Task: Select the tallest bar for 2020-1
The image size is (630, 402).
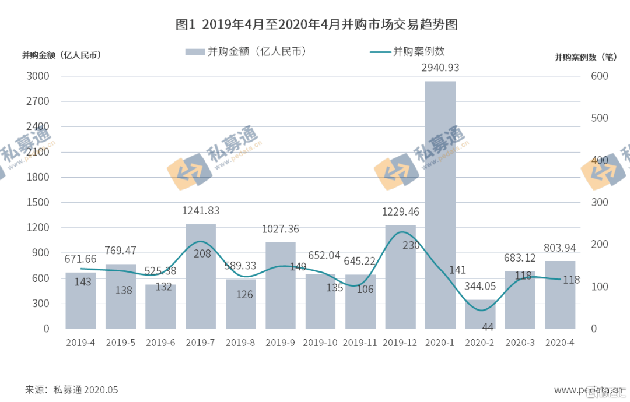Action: click(440, 204)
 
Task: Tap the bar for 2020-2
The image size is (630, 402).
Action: click(480, 315)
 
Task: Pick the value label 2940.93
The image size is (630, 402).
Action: click(440, 68)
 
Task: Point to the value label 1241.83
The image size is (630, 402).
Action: click(201, 211)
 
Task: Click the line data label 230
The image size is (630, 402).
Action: click(411, 246)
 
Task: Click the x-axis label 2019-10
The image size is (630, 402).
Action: click(320, 343)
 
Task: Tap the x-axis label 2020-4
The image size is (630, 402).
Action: click(560, 343)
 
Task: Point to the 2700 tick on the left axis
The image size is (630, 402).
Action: click(38, 101)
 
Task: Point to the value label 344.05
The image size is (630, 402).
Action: click(480, 286)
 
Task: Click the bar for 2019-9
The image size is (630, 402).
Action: click(281, 285)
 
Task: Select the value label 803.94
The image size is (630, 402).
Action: click(560, 248)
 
